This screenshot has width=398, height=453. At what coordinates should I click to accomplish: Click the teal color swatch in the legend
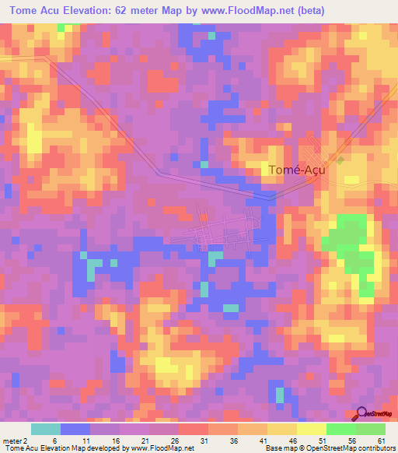[45, 429]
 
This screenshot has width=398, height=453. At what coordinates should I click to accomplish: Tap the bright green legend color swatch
[340, 429]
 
